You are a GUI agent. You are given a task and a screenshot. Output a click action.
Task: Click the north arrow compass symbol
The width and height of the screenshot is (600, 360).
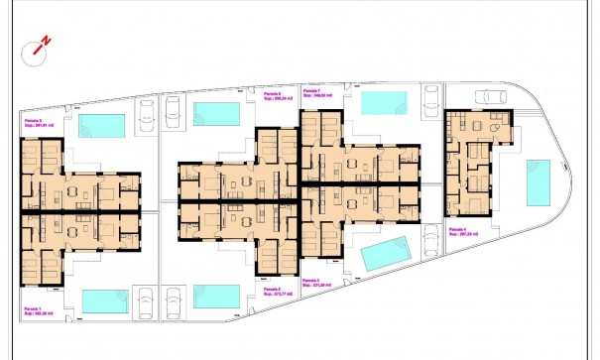(41, 46)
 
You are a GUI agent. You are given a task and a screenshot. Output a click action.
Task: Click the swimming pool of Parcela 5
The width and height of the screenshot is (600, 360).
(102, 126)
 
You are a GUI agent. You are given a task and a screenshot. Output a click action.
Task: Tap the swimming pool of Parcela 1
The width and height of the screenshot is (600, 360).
(104, 300)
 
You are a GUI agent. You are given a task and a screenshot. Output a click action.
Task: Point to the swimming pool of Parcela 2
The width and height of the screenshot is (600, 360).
(213, 298)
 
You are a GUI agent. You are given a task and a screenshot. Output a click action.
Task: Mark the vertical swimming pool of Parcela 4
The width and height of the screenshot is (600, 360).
(539, 182)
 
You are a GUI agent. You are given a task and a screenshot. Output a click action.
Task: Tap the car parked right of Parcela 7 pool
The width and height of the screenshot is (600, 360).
(432, 101)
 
